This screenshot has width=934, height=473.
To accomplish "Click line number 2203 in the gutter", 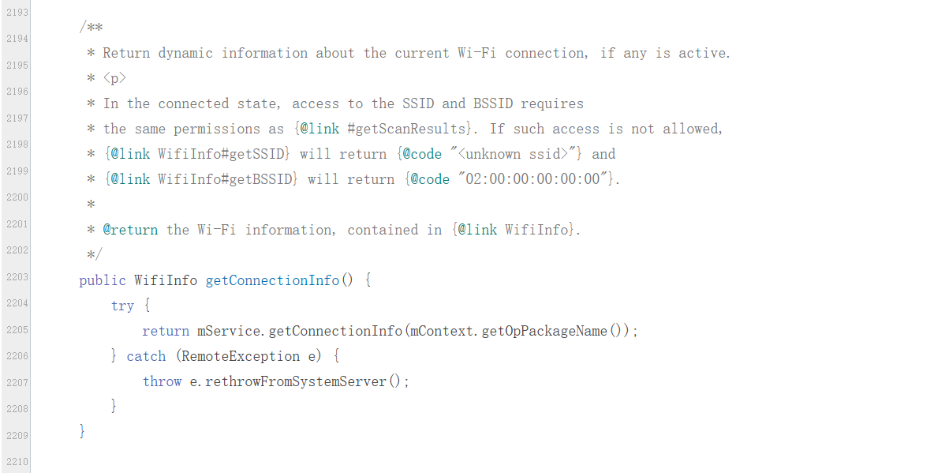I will click(17, 277).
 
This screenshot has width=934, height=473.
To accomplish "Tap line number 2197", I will click(17, 118).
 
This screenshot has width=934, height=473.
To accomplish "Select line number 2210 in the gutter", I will click(17, 462).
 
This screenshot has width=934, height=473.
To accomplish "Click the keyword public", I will click(103, 280).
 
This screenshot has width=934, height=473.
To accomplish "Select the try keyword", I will click(122, 306).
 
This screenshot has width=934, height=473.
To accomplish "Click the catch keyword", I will click(146, 356).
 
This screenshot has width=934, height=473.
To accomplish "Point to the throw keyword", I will click(162, 381).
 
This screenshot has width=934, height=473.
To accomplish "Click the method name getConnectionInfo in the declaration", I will click(272, 280).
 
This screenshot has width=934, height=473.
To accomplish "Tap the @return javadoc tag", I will click(130, 230).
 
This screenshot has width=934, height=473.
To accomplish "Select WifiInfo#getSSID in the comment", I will click(224, 154).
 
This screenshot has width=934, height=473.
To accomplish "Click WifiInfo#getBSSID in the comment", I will click(228, 179).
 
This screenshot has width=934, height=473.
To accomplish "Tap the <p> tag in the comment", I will click(114, 78).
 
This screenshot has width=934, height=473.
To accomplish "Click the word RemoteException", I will click(241, 356).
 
